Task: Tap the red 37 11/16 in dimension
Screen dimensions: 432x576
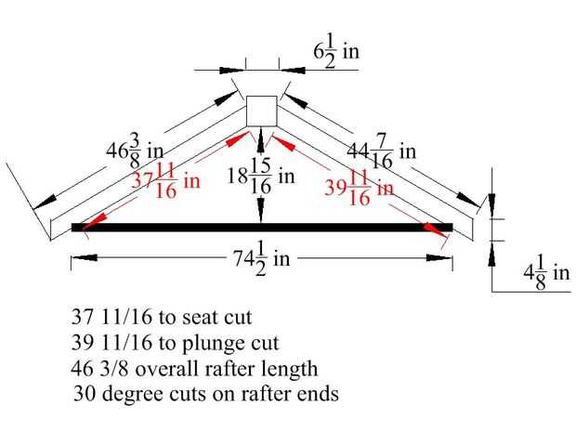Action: coord(163,179)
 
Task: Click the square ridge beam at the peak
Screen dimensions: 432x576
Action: coord(261,111)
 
